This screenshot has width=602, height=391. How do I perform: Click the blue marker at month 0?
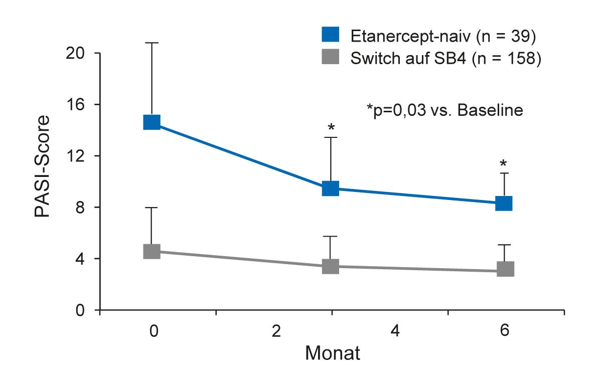pos(152,122)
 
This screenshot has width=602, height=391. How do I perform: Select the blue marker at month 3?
pos(331,188)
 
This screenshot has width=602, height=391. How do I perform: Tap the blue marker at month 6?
pos(504,204)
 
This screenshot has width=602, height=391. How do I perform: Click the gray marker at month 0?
pos(152,251)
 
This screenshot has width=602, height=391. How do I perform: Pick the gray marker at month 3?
pos(331,266)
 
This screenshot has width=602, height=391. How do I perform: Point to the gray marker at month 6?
pos(505,269)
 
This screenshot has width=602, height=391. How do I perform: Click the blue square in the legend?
pos(330,36)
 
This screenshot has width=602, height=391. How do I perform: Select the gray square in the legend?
pos(330,58)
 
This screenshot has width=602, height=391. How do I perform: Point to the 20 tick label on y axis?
pos(75,53)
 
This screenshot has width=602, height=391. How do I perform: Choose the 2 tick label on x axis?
pos(275,332)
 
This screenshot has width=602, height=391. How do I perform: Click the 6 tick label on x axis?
pos(505,332)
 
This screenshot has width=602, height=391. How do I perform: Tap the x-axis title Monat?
pos(333,353)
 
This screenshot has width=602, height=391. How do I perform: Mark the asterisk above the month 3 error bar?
pos(331,127)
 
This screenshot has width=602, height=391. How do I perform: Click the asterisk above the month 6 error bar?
pos(504,163)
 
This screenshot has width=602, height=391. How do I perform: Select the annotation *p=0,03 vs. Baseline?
pos(445,110)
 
